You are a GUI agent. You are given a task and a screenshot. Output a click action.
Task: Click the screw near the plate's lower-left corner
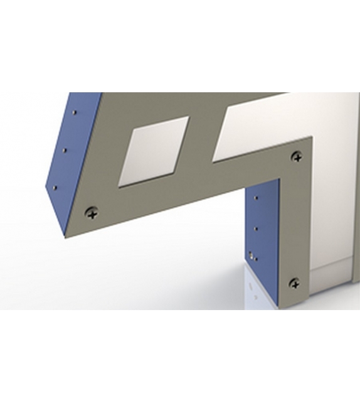point(92,213)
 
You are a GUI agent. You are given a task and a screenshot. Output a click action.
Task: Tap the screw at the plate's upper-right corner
point(297,157)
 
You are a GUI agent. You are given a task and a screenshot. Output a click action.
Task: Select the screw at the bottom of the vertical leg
point(294,284)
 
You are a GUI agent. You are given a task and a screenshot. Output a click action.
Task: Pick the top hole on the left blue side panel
point(75,113)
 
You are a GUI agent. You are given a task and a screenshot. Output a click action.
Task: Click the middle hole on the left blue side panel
point(65,149)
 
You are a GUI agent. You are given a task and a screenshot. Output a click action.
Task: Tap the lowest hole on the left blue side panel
point(55,186)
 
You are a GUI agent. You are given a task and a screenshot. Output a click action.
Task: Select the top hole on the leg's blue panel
point(255,198)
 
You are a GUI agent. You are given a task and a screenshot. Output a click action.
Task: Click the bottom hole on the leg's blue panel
point(251,255)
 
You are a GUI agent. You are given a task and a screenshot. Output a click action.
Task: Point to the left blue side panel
point(72,157)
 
